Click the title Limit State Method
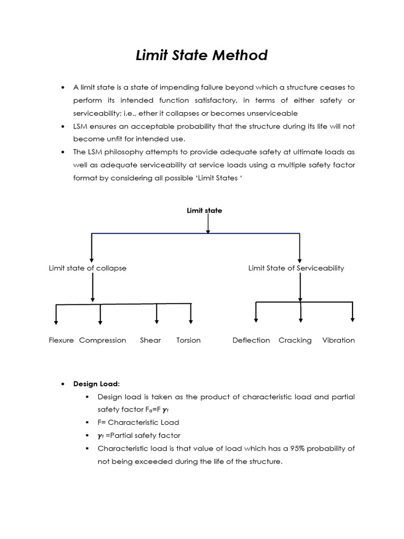pyautogui.click(x=201, y=55)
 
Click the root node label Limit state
pyautogui.click(x=205, y=211)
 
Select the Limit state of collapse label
pyautogui.click(x=88, y=268)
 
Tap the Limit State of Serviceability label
pyautogui.click(x=296, y=268)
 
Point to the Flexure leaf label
pyautogui.click(x=61, y=341)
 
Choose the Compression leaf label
pyautogui.click(x=103, y=341)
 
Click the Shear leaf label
pyautogui.click(x=150, y=341)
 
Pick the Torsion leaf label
pyautogui.click(x=188, y=341)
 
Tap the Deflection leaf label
pyautogui.click(x=251, y=341)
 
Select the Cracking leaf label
pyautogui.click(x=295, y=341)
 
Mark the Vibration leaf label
pyautogui.click(x=338, y=341)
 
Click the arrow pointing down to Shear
pyautogui.click(x=157, y=314)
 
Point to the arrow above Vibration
pyautogui.click(x=352, y=312)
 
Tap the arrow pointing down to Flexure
pyautogui.click(x=56, y=315)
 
